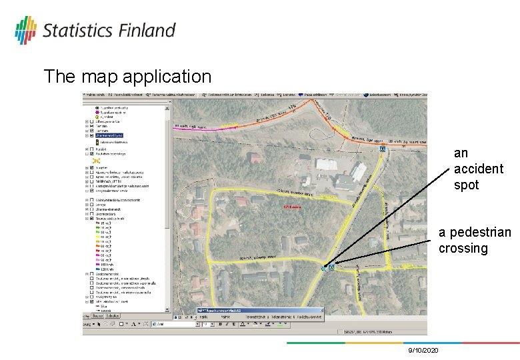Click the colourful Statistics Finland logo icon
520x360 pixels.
click(25, 29)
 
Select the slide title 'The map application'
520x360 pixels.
click(127, 77)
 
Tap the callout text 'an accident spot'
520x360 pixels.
click(478, 169)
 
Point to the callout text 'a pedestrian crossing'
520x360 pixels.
click(474, 240)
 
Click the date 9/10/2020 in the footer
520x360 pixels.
click(423, 350)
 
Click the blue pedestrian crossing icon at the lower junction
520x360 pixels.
click(331, 267)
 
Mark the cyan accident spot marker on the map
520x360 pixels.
click(324, 269)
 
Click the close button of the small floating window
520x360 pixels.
click(318, 311)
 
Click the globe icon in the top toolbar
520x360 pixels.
click(302, 95)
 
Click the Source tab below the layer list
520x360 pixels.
click(97, 315)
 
